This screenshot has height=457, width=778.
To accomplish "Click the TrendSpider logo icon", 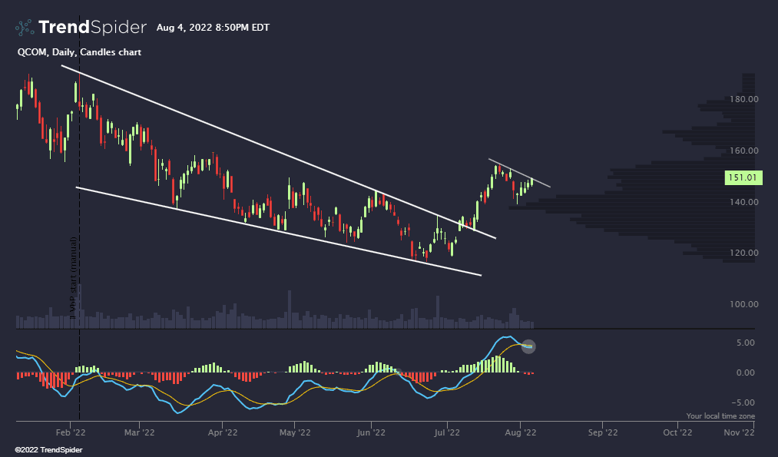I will coord(25,28).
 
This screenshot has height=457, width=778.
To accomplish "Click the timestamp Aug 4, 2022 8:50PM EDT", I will coord(213,28).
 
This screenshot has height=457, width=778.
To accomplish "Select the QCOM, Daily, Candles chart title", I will coord(79,52).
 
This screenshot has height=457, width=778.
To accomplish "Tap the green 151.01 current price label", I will coord(741,178).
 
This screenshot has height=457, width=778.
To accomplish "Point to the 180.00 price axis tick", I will coord(743,99).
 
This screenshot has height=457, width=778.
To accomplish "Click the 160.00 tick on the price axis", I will coord(743,151).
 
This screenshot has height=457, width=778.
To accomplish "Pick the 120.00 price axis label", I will coord(743,253).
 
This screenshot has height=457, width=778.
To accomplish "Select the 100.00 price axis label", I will coord(743,304).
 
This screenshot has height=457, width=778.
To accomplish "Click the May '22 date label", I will coord(295,432).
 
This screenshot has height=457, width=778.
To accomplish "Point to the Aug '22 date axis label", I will coord(521,432).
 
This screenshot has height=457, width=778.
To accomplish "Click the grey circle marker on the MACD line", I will coord(528,346).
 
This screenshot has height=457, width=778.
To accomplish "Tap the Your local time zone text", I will coord(720,416).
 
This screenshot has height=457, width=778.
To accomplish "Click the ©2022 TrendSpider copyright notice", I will coord(48,449).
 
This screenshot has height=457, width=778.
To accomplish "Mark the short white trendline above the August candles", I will coord(520,173).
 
